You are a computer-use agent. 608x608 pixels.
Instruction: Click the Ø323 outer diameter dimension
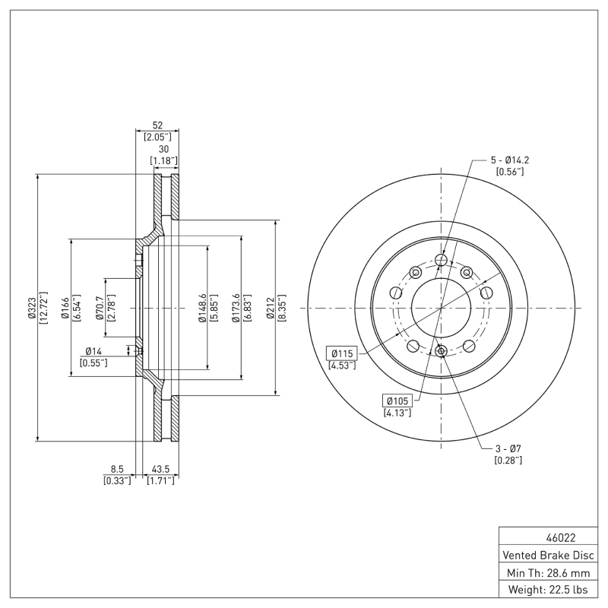tap(32, 308)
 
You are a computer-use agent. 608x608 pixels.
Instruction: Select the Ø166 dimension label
tap(66, 308)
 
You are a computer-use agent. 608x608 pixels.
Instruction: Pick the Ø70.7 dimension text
tap(100, 308)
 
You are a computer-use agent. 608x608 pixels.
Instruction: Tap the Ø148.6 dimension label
tap(202, 308)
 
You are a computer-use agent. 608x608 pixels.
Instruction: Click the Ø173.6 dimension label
tap(236, 308)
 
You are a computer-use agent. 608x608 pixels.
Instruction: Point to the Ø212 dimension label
tap(271, 308)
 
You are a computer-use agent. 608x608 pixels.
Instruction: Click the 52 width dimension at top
tap(157, 126)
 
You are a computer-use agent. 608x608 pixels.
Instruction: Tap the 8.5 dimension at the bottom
tap(117, 470)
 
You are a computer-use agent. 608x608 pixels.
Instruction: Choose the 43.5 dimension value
tap(160, 470)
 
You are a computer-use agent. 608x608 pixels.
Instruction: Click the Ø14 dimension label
tap(93, 351)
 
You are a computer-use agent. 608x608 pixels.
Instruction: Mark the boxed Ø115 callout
tap(342, 353)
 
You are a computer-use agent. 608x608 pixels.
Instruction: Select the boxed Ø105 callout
tap(397, 400)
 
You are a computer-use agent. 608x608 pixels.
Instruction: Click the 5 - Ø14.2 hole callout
tap(510, 160)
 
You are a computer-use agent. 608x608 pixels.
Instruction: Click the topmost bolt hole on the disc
tap(441, 261)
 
